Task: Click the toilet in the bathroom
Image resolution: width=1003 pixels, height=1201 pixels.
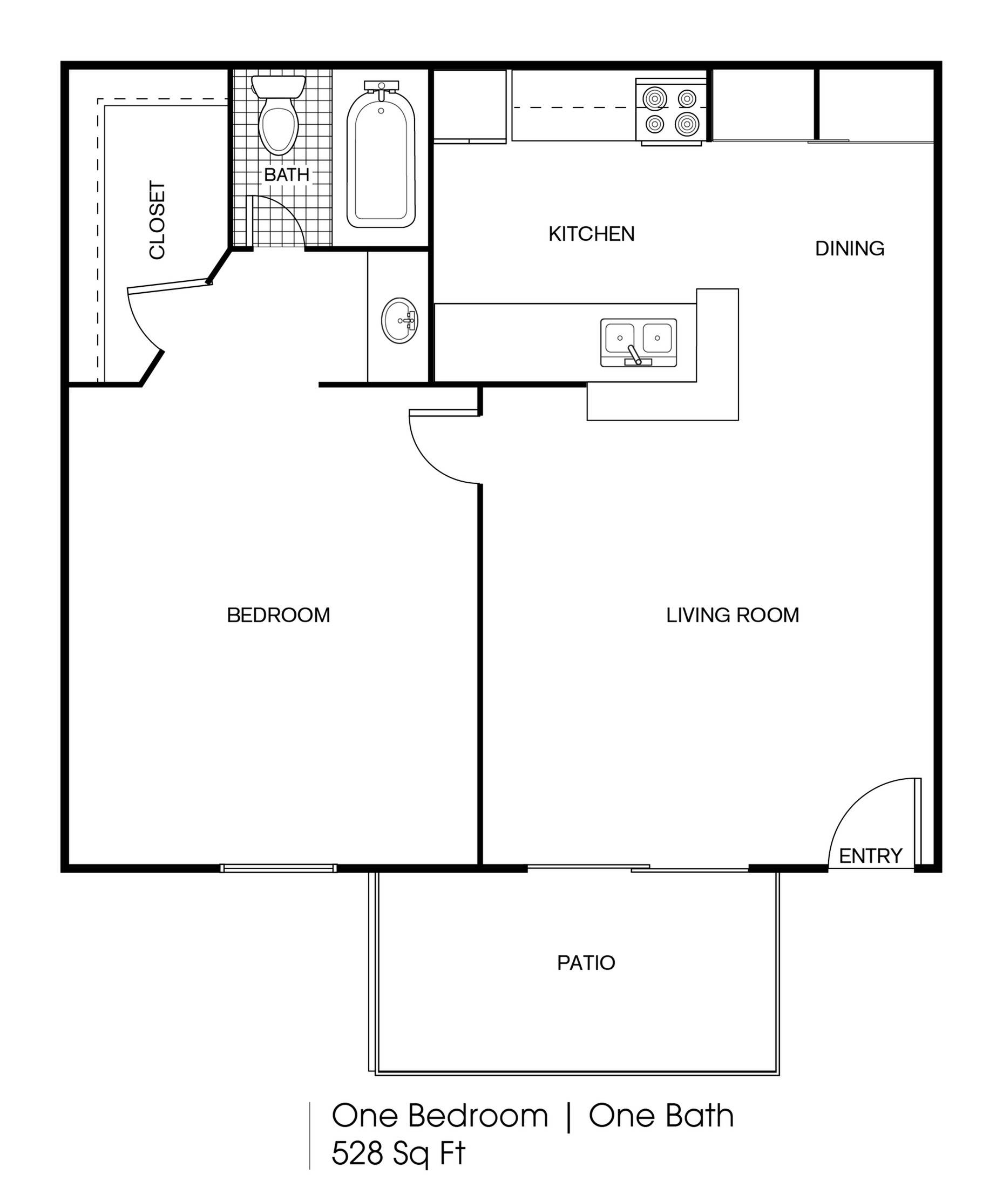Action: pyautogui.click(x=279, y=120)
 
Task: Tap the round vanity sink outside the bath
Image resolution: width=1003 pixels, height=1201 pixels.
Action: pyautogui.click(x=399, y=320)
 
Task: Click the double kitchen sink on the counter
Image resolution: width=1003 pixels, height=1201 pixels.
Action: pyautogui.click(x=638, y=342)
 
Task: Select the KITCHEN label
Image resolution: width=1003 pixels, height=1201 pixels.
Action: pyautogui.click(x=591, y=234)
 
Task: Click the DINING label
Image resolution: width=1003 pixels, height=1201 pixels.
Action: pyautogui.click(x=849, y=248)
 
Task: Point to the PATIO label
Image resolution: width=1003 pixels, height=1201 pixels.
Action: pyautogui.click(x=586, y=962)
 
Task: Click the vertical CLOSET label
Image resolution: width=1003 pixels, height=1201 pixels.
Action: pyautogui.click(x=157, y=220)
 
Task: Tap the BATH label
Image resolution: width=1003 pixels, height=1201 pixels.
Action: pyautogui.click(x=287, y=174)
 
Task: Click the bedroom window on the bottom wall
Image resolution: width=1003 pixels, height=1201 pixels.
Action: pyautogui.click(x=279, y=868)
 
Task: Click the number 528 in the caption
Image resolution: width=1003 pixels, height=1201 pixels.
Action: pyautogui.click(x=357, y=1153)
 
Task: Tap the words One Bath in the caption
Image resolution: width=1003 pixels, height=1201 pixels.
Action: pyautogui.click(x=661, y=1116)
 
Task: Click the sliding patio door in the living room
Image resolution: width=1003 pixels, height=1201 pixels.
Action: pyautogui.click(x=638, y=868)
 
